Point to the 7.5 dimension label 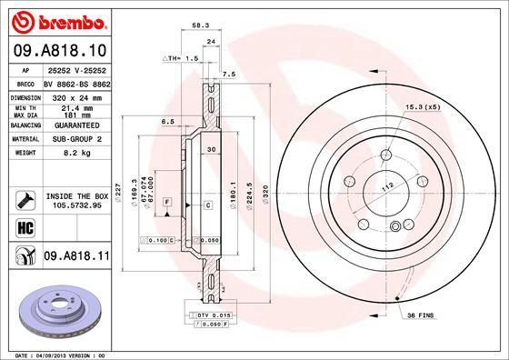228,74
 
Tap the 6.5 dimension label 167,121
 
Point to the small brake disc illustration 55,305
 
